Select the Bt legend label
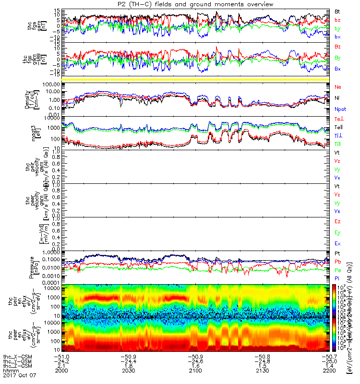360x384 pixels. (x=337, y=11)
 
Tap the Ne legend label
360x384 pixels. (x=337, y=87)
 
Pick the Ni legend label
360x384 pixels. (x=337, y=98)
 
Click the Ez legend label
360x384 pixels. (x=337, y=221)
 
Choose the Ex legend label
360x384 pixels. (x=337, y=243)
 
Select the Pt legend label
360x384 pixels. (x=337, y=253)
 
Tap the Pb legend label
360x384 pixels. (x=337, y=262)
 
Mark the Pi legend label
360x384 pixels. (x=337, y=278)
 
